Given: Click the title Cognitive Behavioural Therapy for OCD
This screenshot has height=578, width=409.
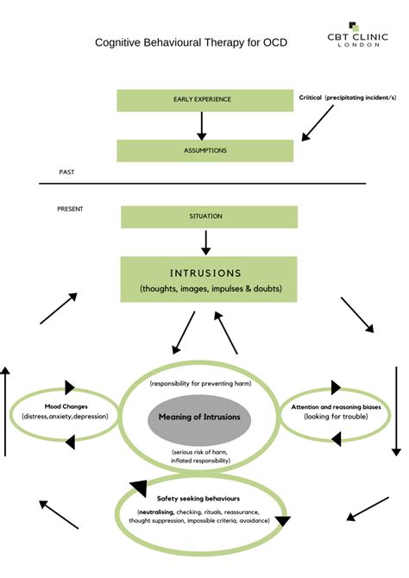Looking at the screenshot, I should tap(191, 42).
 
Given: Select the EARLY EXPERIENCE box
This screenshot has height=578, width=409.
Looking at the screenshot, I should tap(202, 99).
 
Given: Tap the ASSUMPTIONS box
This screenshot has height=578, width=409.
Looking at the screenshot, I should tap(205, 150).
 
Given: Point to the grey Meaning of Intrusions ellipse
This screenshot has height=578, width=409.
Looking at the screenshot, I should tap(199, 417).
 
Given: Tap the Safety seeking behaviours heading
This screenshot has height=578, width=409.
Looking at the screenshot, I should tap(198, 499).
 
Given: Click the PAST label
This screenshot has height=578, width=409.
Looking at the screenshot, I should tap(66, 173).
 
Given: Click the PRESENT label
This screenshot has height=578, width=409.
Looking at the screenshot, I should tap(70, 208).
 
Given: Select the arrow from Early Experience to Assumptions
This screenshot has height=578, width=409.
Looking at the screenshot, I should tap(202, 125).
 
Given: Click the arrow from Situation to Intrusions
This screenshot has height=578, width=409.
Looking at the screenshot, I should tap(205, 242).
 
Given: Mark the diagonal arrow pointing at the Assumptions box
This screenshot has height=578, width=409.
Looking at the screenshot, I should tap(318, 123).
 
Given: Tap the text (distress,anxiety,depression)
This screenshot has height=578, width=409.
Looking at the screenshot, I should tap(66, 418).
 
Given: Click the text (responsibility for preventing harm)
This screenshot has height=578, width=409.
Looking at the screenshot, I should tap(199, 382).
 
